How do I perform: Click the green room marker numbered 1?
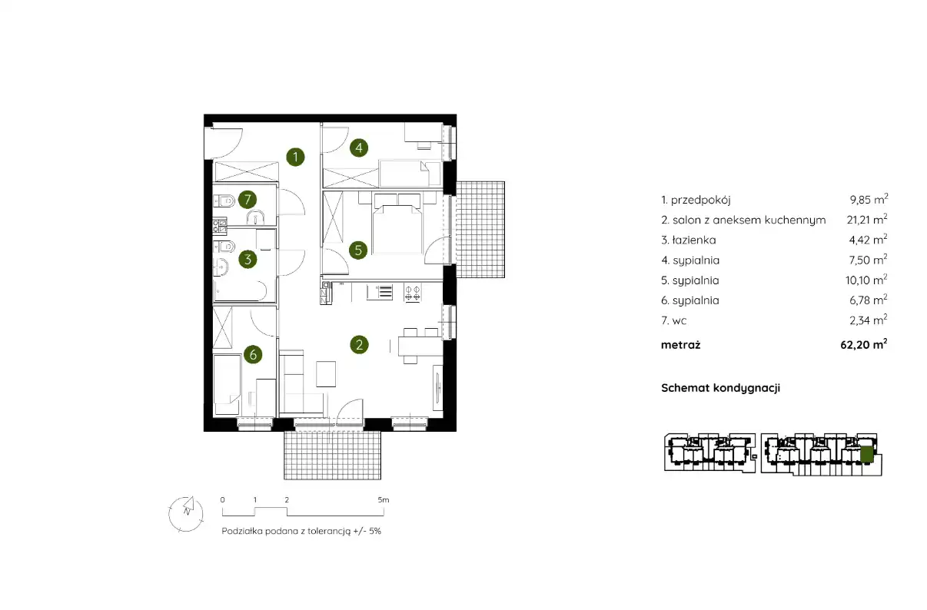(x=295, y=157)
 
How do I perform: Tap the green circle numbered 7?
(x=248, y=199)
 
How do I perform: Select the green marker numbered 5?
(x=358, y=250)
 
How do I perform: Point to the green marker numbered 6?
(x=253, y=354)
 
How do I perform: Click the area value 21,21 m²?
(x=867, y=219)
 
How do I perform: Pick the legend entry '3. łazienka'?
(x=689, y=240)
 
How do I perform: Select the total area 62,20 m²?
(x=864, y=344)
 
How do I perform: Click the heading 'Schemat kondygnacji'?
(x=720, y=388)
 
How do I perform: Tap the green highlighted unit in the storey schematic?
(x=866, y=454)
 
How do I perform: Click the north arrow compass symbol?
(x=186, y=514)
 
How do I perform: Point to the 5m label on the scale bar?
(x=384, y=499)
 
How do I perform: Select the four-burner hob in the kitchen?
(x=413, y=293)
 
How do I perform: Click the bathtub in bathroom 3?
(x=241, y=290)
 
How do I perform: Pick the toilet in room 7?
(x=224, y=201)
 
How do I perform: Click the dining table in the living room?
(x=420, y=346)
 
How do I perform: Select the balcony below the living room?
(x=332, y=456)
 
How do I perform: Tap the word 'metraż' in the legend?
(x=680, y=345)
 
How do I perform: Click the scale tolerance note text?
(x=301, y=531)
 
